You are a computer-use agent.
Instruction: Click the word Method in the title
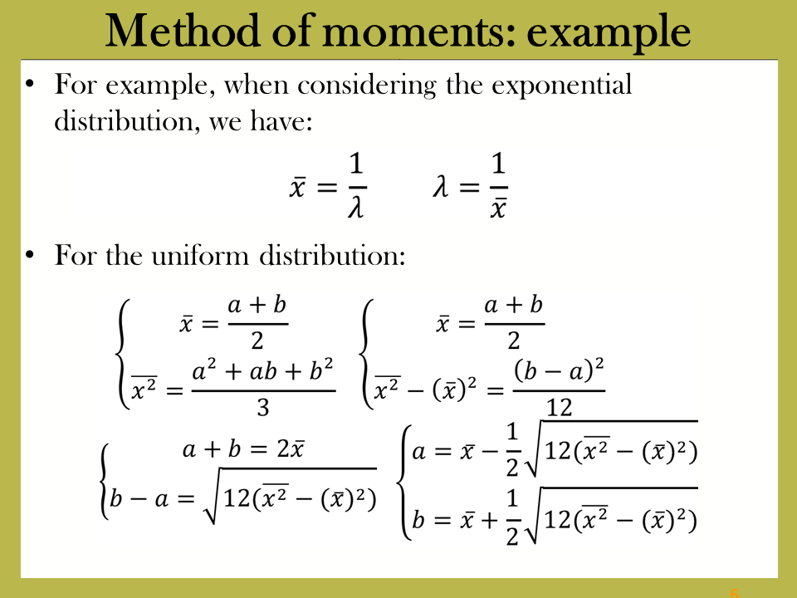coord(183,31)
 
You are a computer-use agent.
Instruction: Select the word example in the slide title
coord(609,35)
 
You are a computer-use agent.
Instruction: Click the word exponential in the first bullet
coord(561,85)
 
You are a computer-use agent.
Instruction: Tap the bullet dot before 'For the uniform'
coord(30,254)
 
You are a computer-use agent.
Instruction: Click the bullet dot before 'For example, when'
coord(30,84)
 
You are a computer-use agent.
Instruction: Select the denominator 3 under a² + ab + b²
coord(263,408)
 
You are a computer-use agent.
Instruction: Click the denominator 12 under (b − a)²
coord(559,408)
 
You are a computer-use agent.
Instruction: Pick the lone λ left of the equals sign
coord(441,187)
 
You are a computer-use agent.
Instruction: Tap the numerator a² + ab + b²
coord(263,370)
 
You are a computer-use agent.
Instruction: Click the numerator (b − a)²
coord(559,370)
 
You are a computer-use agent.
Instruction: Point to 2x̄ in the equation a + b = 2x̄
coord(291,448)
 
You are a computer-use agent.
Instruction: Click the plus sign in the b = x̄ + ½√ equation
coord(489,520)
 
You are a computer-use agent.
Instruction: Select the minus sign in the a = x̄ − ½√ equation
coord(489,452)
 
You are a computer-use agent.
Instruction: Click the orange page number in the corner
coord(734,593)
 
